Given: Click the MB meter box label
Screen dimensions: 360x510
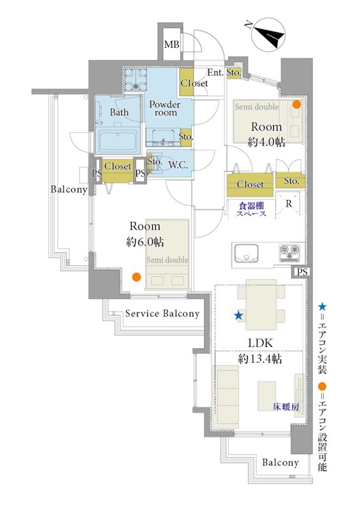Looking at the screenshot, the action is click(x=171, y=44).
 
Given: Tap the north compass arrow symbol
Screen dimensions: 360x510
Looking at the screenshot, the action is click(x=269, y=34).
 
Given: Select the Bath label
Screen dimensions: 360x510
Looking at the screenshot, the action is click(x=119, y=112).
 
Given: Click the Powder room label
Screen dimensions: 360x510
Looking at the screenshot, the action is click(x=165, y=108).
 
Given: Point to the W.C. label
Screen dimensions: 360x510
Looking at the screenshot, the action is click(x=178, y=165).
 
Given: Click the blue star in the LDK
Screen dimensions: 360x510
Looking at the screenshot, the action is click(x=238, y=315).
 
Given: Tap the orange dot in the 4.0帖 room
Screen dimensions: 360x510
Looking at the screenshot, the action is click(x=296, y=105).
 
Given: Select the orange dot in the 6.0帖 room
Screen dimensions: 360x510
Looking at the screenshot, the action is click(x=136, y=277).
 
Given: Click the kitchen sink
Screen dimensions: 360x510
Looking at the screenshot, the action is click(x=246, y=253).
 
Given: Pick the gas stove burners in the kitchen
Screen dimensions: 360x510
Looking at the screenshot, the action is click(x=289, y=252).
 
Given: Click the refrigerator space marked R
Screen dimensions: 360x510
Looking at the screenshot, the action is click(x=289, y=204).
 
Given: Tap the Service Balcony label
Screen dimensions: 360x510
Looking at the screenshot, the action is click(x=162, y=314).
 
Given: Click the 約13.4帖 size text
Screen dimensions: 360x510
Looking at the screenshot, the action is click(x=260, y=359).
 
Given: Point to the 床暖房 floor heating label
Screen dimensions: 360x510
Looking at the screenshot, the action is click(x=285, y=407).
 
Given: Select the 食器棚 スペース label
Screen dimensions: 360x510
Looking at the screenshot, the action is click(x=252, y=210).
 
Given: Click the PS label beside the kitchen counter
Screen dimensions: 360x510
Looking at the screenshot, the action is click(x=302, y=272).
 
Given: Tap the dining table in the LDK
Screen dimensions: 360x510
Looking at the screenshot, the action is click(x=261, y=305).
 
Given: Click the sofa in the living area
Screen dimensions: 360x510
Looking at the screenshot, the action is click(x=226, y=395).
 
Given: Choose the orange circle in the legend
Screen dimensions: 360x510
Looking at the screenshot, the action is click(x=322, y=386).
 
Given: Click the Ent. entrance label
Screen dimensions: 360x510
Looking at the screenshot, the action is click(x=215, y=73).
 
